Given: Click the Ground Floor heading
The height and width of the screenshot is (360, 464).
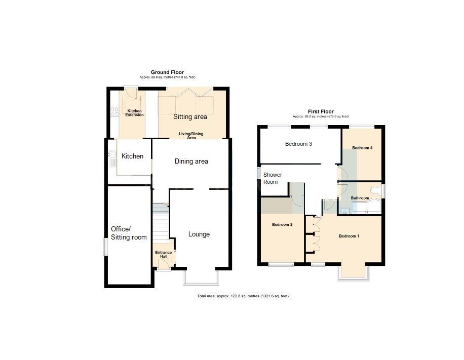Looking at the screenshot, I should pos(167,72).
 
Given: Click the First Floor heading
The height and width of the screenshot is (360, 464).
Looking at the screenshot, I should pos(321,111).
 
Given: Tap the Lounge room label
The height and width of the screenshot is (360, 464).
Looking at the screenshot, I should pos(199,234).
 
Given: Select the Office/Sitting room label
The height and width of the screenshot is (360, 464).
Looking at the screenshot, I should pos(129,233).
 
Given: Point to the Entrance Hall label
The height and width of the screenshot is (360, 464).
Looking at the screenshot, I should pos(164,255).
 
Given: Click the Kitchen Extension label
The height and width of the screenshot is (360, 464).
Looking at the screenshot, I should pos(135,113).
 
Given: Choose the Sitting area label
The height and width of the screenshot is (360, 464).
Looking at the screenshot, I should pos(190,117).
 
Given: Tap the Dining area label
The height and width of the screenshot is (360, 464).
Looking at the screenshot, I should pos(191,162).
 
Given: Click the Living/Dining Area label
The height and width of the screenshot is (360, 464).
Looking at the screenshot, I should pos(190,136).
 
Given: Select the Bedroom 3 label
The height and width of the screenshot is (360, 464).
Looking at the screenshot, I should pos(298,144).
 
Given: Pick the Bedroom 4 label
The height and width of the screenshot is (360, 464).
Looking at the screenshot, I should pos(362,148).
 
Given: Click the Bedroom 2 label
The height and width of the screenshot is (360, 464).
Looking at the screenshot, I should pos(282,224).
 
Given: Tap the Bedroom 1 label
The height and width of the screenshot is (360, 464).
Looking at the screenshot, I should pos(349,236).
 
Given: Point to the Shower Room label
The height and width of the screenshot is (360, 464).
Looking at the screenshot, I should pos(272,178).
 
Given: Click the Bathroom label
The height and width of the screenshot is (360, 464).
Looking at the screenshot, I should pos(360,198).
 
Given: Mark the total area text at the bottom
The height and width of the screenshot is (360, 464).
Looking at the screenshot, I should pos(243,296).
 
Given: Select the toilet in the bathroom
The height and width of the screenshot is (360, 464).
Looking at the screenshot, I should pos(375,190).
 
